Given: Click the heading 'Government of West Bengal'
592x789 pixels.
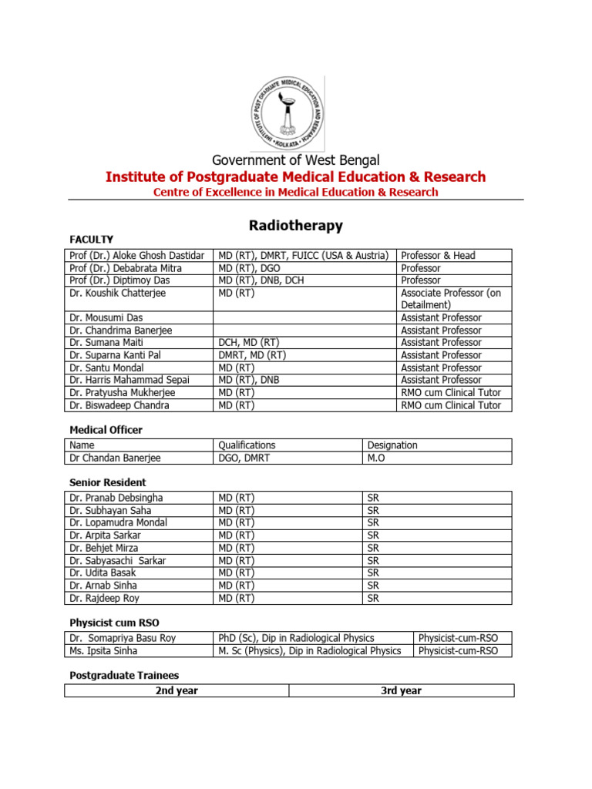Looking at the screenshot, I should click(x=296, y=160).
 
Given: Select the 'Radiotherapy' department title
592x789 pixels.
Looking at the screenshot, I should click(x=295, y=226).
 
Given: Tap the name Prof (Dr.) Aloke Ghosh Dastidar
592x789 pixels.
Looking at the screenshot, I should click(x=136, y=255).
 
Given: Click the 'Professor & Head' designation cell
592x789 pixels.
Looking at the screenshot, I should click(x=438, y=255).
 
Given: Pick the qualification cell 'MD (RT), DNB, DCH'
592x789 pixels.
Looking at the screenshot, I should click(x=261, y=280).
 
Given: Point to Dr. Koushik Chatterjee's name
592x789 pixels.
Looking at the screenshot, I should click(x=117, y=293).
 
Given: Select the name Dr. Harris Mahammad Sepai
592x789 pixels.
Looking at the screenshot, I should click(x=129, y=380).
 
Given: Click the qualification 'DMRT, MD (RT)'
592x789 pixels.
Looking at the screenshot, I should click(x=252, y=355).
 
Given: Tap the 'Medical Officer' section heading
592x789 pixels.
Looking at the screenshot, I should click(x=106, y=430).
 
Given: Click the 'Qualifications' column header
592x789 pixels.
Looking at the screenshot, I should click(x=247, y=445).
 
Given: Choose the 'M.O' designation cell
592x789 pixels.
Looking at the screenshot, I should click(x=378, y=458).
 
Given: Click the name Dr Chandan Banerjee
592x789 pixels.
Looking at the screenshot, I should click(x=116, y=458).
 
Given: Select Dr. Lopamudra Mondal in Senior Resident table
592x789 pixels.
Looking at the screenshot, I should click(x=118, y=522).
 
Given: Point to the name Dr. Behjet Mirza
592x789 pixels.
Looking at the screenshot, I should click(x=104, y=548).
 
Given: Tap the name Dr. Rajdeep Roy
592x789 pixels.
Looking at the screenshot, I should click(x=104, y=598).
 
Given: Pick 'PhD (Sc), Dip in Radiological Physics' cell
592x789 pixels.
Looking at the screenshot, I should click(x=296, y=638).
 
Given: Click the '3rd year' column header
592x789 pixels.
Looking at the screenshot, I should click(x=401, y=690).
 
